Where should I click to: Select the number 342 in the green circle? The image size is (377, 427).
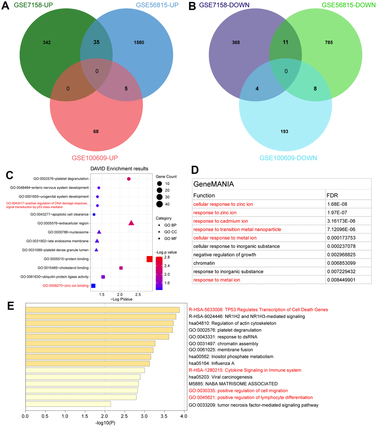(47, 43)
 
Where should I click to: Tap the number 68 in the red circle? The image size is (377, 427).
(96, 131)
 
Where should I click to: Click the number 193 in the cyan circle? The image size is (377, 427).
(284, 131)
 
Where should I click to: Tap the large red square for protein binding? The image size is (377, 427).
(149, 259)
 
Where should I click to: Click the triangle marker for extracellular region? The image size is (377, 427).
(131, 223)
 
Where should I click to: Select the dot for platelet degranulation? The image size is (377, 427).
(129, 179)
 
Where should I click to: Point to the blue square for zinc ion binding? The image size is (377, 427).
(93, 286)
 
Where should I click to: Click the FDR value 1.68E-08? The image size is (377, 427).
(337, 204)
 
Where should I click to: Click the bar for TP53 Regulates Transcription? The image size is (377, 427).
(102, 310)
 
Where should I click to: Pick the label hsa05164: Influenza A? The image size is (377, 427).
(211, 363)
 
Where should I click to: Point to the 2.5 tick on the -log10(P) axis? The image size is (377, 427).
(125, 417)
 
